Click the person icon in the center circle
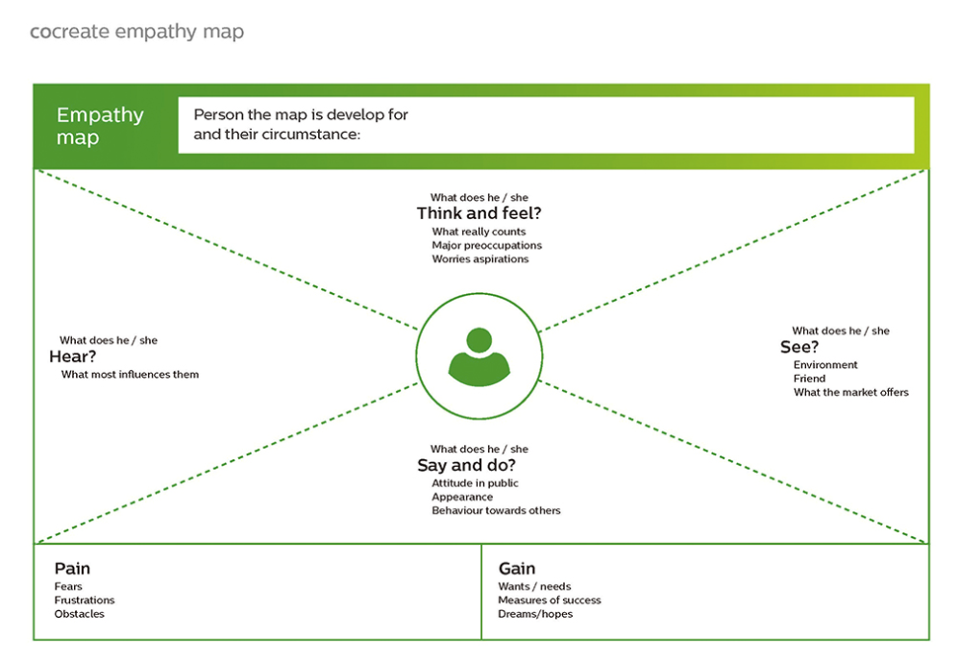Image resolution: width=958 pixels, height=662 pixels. point(479,356)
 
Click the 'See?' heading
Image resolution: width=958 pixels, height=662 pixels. point(799,347)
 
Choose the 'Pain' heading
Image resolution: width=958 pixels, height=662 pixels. point(72,569)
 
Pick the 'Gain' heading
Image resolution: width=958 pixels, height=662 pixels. point(516,569)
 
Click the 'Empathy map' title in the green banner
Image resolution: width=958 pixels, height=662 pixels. point(100,126)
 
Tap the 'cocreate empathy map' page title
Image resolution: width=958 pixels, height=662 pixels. point(136,32)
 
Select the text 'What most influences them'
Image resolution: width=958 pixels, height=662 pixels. point(130,375)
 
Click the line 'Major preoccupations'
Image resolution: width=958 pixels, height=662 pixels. point(486,245)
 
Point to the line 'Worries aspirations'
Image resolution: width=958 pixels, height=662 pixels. point(479,259)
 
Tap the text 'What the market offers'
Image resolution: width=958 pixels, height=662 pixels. point(850,392)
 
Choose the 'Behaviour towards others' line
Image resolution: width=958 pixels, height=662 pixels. point(496,510)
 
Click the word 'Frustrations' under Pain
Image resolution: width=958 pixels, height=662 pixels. point(85,601)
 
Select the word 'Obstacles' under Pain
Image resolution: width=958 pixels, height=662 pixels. point(79,614)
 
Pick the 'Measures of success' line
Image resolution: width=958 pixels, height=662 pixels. point(549,601)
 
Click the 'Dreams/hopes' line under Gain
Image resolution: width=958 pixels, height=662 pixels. point(534,614)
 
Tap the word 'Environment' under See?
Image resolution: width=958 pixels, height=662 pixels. point(825,365)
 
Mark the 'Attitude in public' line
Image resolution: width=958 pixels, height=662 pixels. point(475,483)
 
